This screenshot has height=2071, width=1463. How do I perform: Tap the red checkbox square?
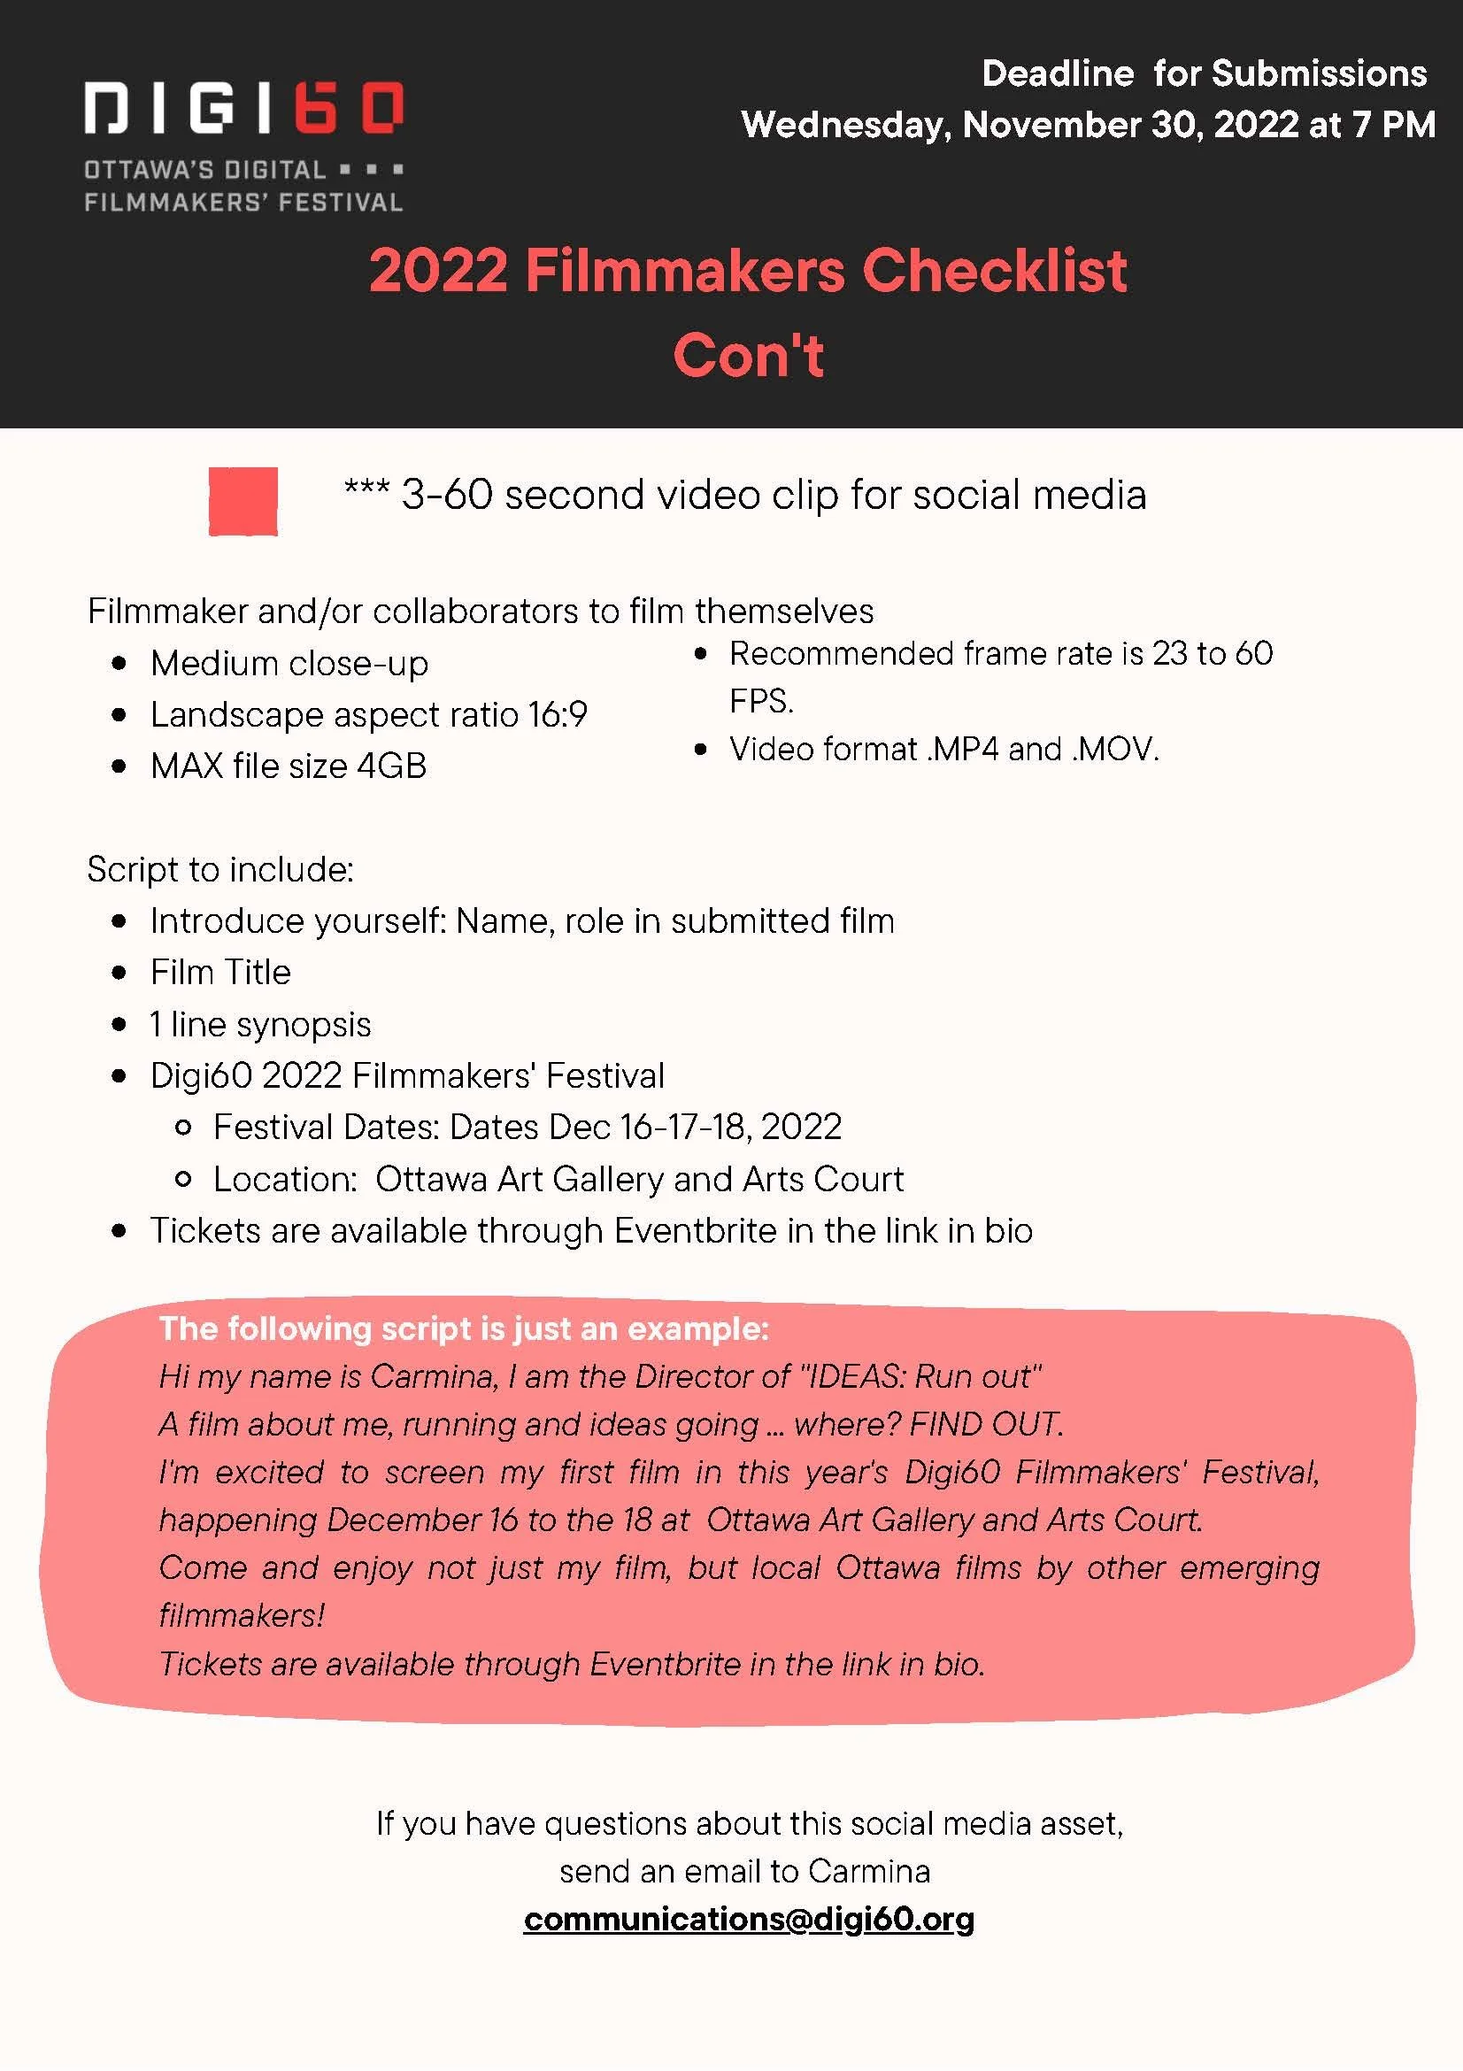tap(243, 502)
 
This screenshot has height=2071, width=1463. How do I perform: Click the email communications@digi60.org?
tap(749, 1919)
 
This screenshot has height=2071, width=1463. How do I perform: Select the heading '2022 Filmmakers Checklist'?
tap(748, 271)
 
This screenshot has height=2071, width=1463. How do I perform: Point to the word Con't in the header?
tap(748, 355)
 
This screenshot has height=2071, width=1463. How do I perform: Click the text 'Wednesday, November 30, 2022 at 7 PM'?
tap(1088, 125)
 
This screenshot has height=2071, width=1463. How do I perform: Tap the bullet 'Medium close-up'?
tap(289, 664)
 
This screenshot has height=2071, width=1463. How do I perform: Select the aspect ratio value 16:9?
tap(558, 715)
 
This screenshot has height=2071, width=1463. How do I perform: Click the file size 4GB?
tap(391, 766)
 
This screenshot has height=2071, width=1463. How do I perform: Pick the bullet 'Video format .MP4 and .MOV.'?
tap(943, 750)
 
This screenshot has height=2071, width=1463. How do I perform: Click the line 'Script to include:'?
tap(220, 869)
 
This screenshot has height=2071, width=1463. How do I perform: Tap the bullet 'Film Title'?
tap(220, 973)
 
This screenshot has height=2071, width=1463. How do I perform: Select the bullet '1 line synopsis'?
tap(260, 1025)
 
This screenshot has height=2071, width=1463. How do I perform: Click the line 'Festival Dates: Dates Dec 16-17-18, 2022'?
tap(527, 1128)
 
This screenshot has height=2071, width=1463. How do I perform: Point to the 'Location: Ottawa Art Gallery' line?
tap(558, 1180)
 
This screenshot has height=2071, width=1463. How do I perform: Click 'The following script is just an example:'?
tap(464, 1328)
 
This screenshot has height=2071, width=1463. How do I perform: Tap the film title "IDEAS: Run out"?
tap(921, 1376)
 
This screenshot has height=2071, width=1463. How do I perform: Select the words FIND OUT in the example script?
tap(985, 1424)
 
